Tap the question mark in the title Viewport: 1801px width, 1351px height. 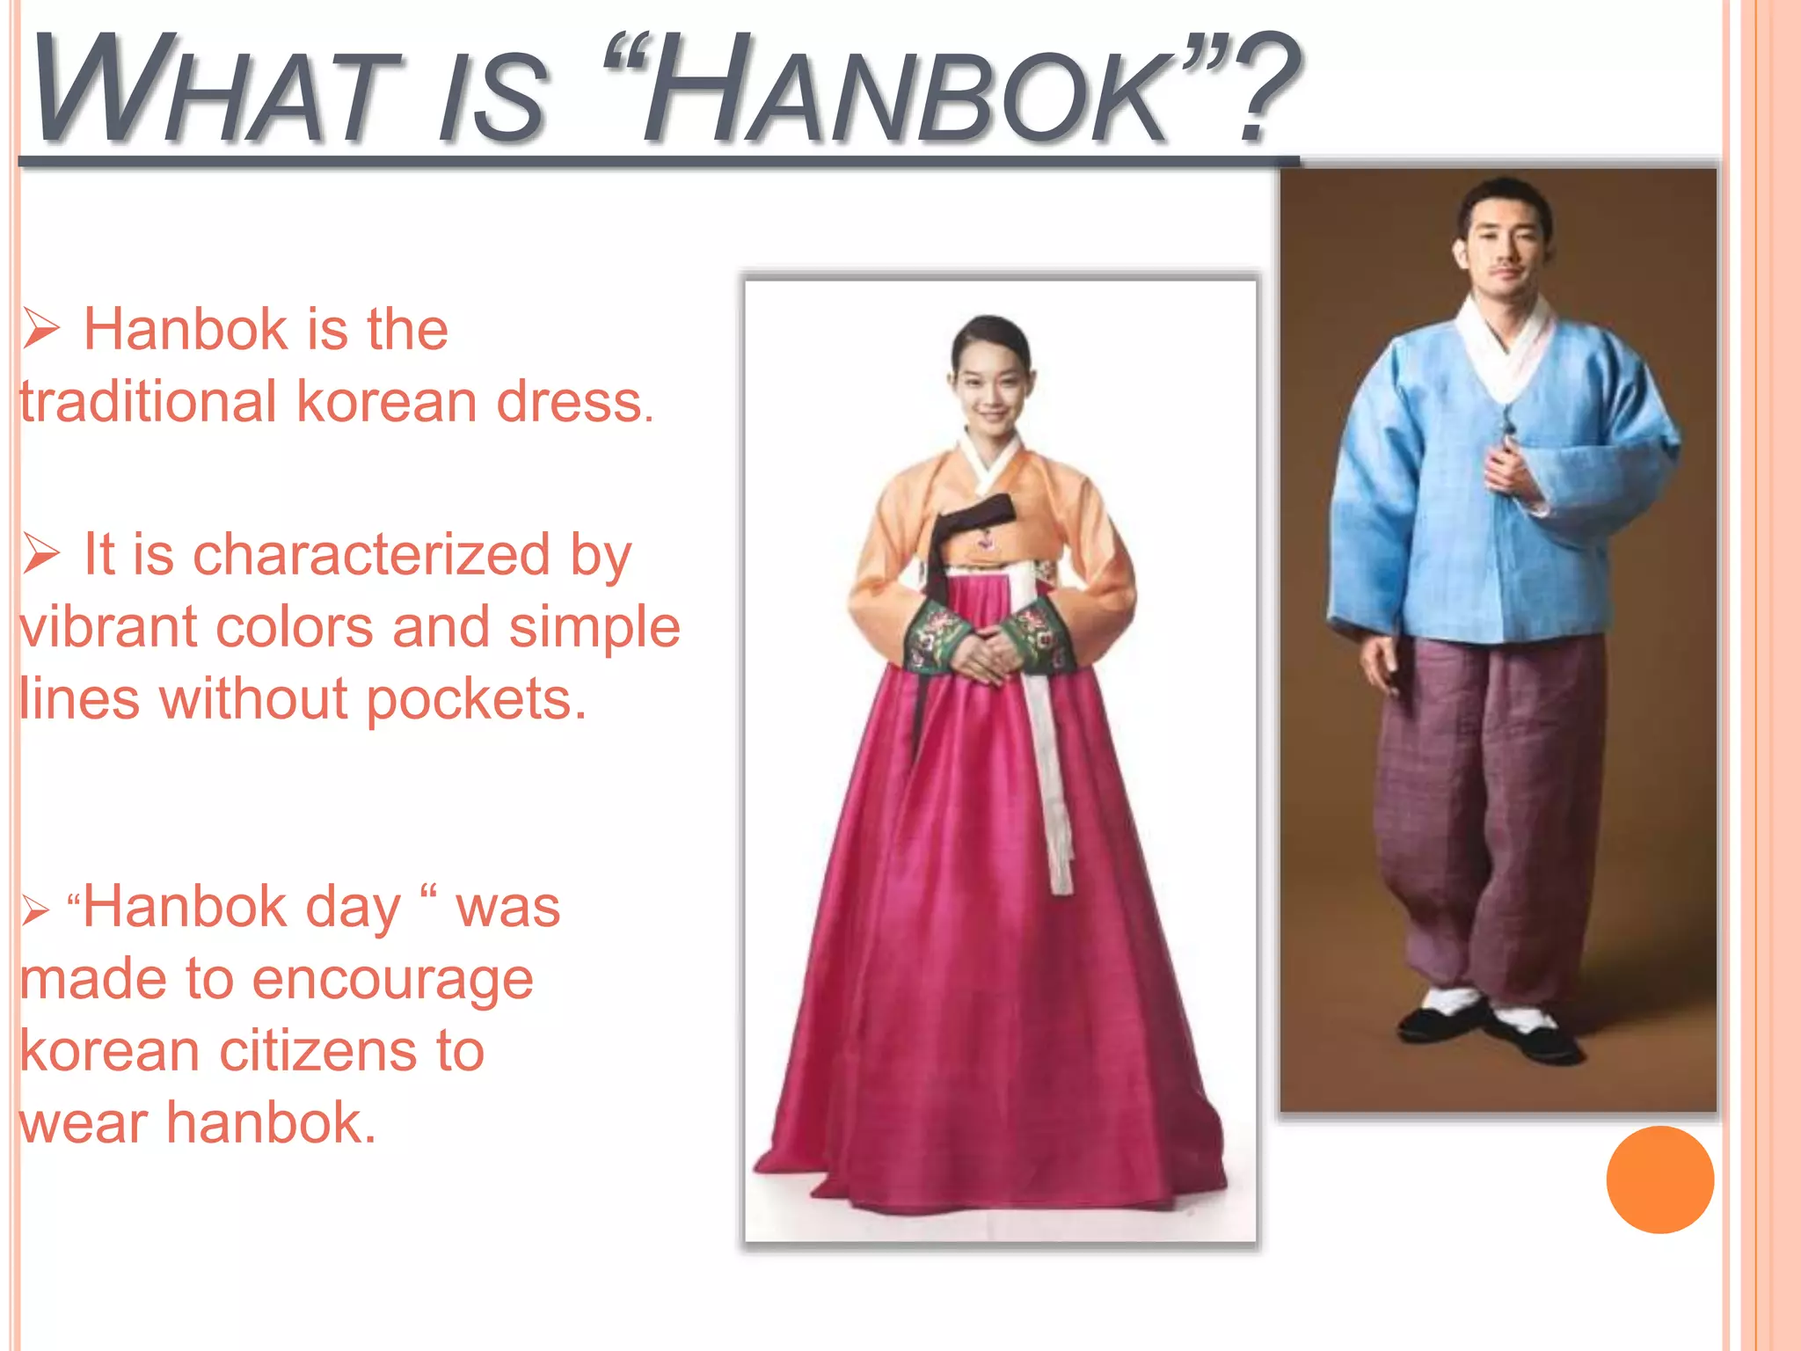(x=1264, y=88)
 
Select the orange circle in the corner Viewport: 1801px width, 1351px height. (x=1659, y=1179)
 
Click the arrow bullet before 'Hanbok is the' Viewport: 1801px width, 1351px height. (x=40, y=329)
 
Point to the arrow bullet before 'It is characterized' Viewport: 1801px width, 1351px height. (x=40, y=554)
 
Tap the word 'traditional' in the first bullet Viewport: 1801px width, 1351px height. (x=148, y=402)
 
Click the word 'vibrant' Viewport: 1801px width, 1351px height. (x=109, y=627)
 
